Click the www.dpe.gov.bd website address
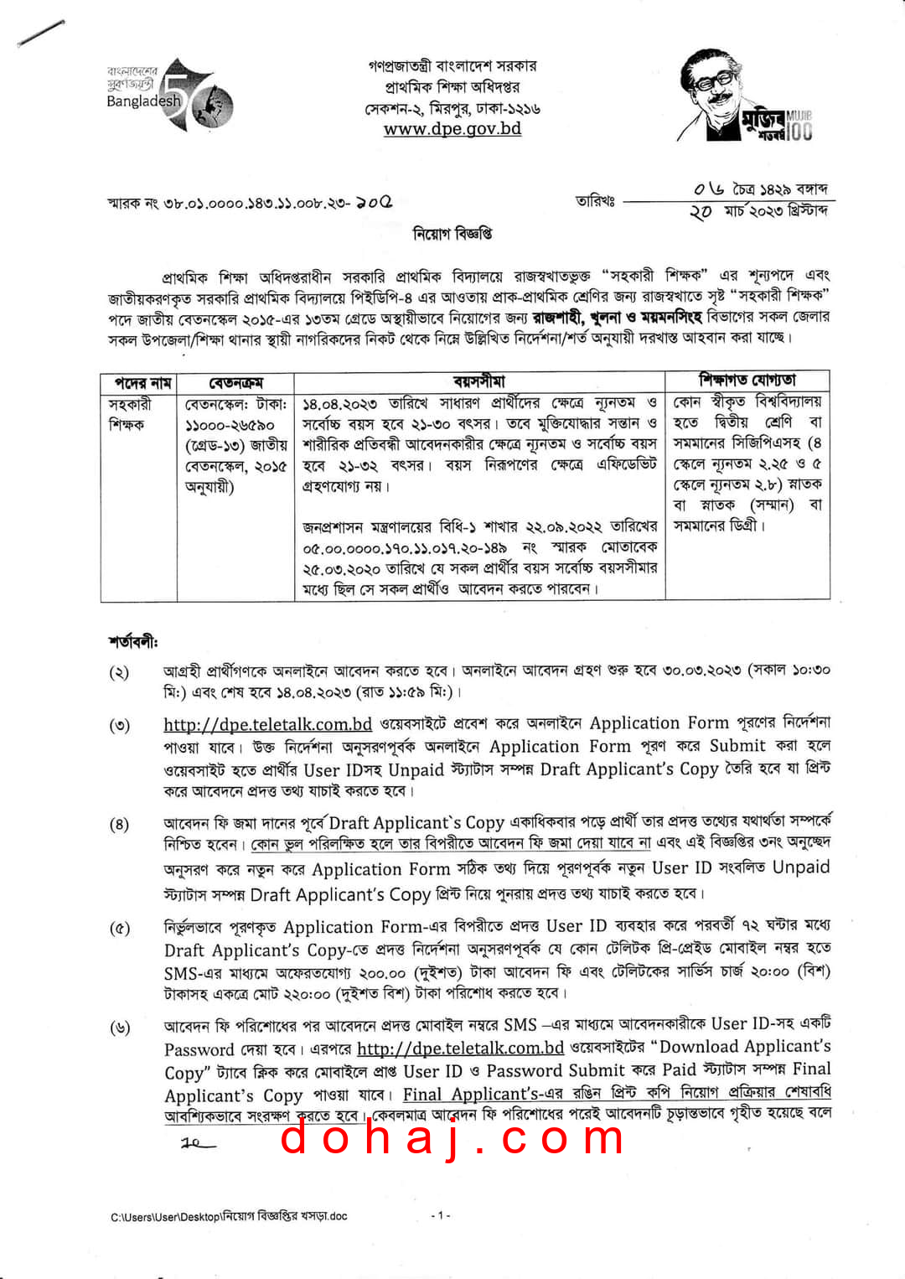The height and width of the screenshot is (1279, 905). tap(452, 129)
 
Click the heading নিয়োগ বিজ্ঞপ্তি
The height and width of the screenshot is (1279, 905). tap(452, 234)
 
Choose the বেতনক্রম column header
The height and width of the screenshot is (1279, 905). tap(235, 383)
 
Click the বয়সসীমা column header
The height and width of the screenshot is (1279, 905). tap(479, 382)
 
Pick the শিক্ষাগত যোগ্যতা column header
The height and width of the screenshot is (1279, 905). tap(747, 381)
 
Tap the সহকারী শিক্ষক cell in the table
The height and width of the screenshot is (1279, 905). tap(130, 414)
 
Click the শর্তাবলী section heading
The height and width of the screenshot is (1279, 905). tap(132, 642)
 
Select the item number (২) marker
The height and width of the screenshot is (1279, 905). tap(119, 672)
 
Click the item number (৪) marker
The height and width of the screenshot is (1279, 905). tap(119, 824)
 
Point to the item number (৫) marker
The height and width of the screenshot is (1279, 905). tap(120, 929)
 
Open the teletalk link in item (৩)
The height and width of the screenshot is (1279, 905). tap(267, 724)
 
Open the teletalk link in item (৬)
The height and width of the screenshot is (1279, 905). tap(460, 1048)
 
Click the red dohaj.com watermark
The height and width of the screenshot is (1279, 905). tap(452, 1138)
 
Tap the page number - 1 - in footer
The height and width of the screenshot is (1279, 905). tap(441, 1214)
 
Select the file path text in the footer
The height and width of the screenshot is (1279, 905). tap(229, 1216)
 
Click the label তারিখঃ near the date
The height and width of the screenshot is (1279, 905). tap(595, 201)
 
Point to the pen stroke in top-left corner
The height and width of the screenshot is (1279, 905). tap(41, 33)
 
